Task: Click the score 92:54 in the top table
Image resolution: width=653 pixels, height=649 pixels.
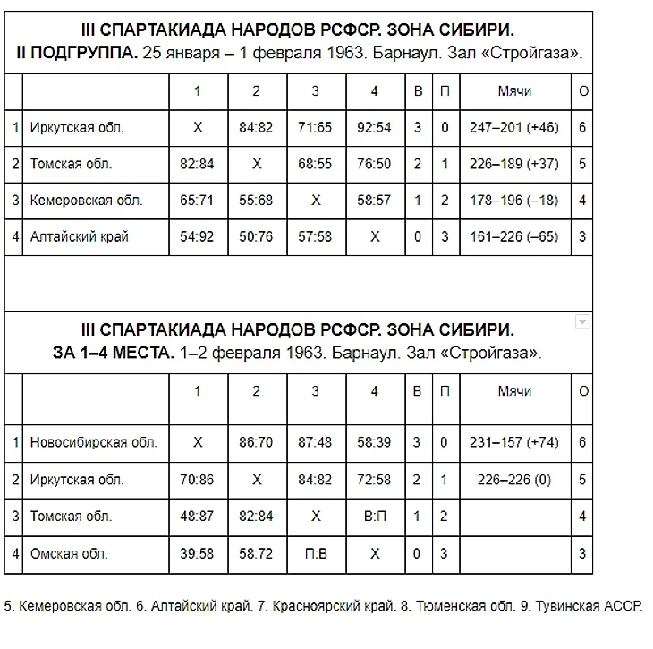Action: pyautogui.click(x=374, y=128)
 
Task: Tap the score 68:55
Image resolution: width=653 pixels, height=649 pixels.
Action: pyautogui.click(x=315, y=165)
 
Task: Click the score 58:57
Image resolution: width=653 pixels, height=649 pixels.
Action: pyautogui.click(x=374, y=201)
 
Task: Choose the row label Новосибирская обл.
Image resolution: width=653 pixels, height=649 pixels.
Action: pyautogui.click(x=93, y=442)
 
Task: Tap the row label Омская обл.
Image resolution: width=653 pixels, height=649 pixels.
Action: pyautogui.click(x=69, y=554)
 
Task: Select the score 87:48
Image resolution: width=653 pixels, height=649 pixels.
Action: pyautogui.click(x=315, y=442)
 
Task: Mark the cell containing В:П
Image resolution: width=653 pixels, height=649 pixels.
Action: pyautogui.click(x=374, y=517)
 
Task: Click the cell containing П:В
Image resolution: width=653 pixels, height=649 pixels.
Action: pyautogui.click(x=315, y=554)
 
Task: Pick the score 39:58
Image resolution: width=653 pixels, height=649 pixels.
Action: pyautogui.click(x=197, y=554)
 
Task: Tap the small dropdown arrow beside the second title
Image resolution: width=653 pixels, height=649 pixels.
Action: pyautogui.click(x=581, y=322)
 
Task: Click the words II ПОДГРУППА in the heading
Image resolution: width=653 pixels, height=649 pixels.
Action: pyautogui.click(x=77, y=53)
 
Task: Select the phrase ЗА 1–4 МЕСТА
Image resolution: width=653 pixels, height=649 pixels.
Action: pyautogui.click(x=113, y=353)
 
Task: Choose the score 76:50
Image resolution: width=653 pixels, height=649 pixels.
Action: pyautogui.click(x=374, y=165)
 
